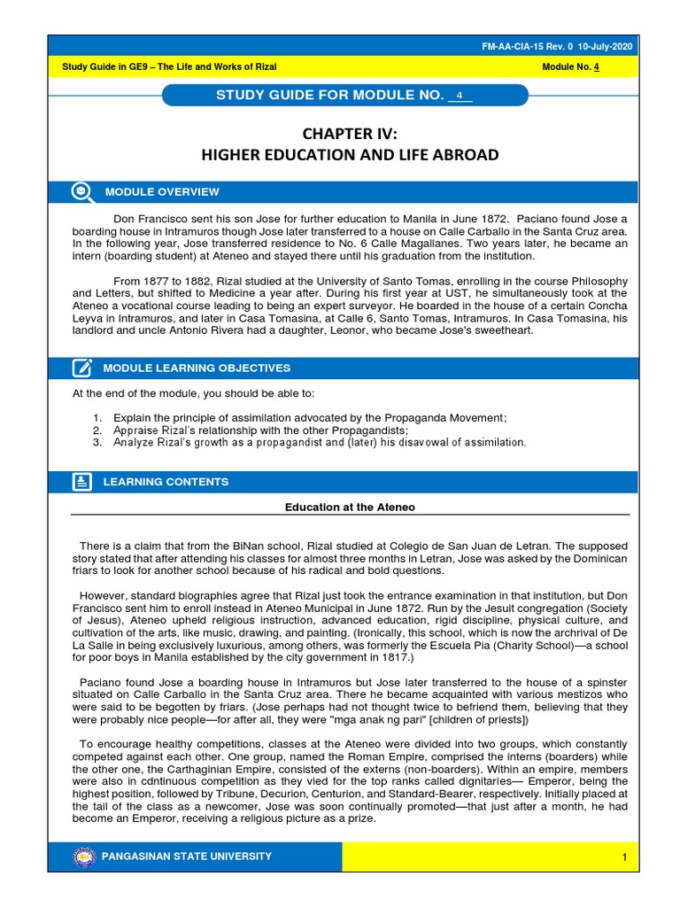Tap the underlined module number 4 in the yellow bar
point(599,68)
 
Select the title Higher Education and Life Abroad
point(351,156)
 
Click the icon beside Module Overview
point(81,191)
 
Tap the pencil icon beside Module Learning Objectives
point(81,368)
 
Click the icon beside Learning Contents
point(81,482)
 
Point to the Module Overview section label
point(161,192)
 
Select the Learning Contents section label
point(166,482)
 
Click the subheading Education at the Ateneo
point(350,508)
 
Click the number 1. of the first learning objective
point(97,417)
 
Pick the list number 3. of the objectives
point(97,442)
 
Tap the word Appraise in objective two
point(135,430)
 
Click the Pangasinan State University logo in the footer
point(85,857)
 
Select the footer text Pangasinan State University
point(188,857)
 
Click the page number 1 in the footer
point(623,857)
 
